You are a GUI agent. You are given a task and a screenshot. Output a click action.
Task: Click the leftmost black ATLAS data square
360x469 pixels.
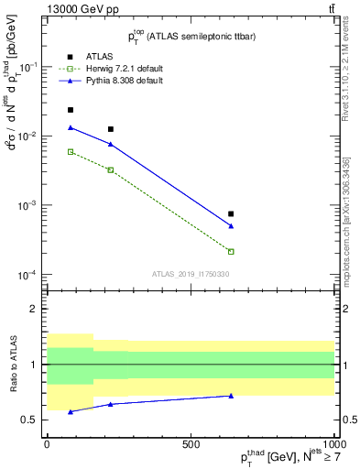pyautogui.click(x=71, y=110)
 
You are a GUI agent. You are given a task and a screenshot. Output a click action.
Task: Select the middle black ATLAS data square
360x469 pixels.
pyautogui.click(x=111, y=129)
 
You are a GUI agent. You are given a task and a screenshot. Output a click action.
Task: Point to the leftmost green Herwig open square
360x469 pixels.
pyautogui.click(x=71, y=151)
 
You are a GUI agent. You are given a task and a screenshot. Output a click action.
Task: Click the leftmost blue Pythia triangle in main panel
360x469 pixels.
pyautogui.click(x=71, y=127)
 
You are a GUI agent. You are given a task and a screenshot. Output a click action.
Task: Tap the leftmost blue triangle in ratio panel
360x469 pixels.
pyautogui.click(x=71, y=411)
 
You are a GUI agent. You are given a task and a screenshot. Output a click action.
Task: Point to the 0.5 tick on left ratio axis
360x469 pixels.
pyautogui.click(x=27, y=420)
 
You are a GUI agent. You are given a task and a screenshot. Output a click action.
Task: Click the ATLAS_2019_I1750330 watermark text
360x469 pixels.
pyautogui.click(x=191, y=274)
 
